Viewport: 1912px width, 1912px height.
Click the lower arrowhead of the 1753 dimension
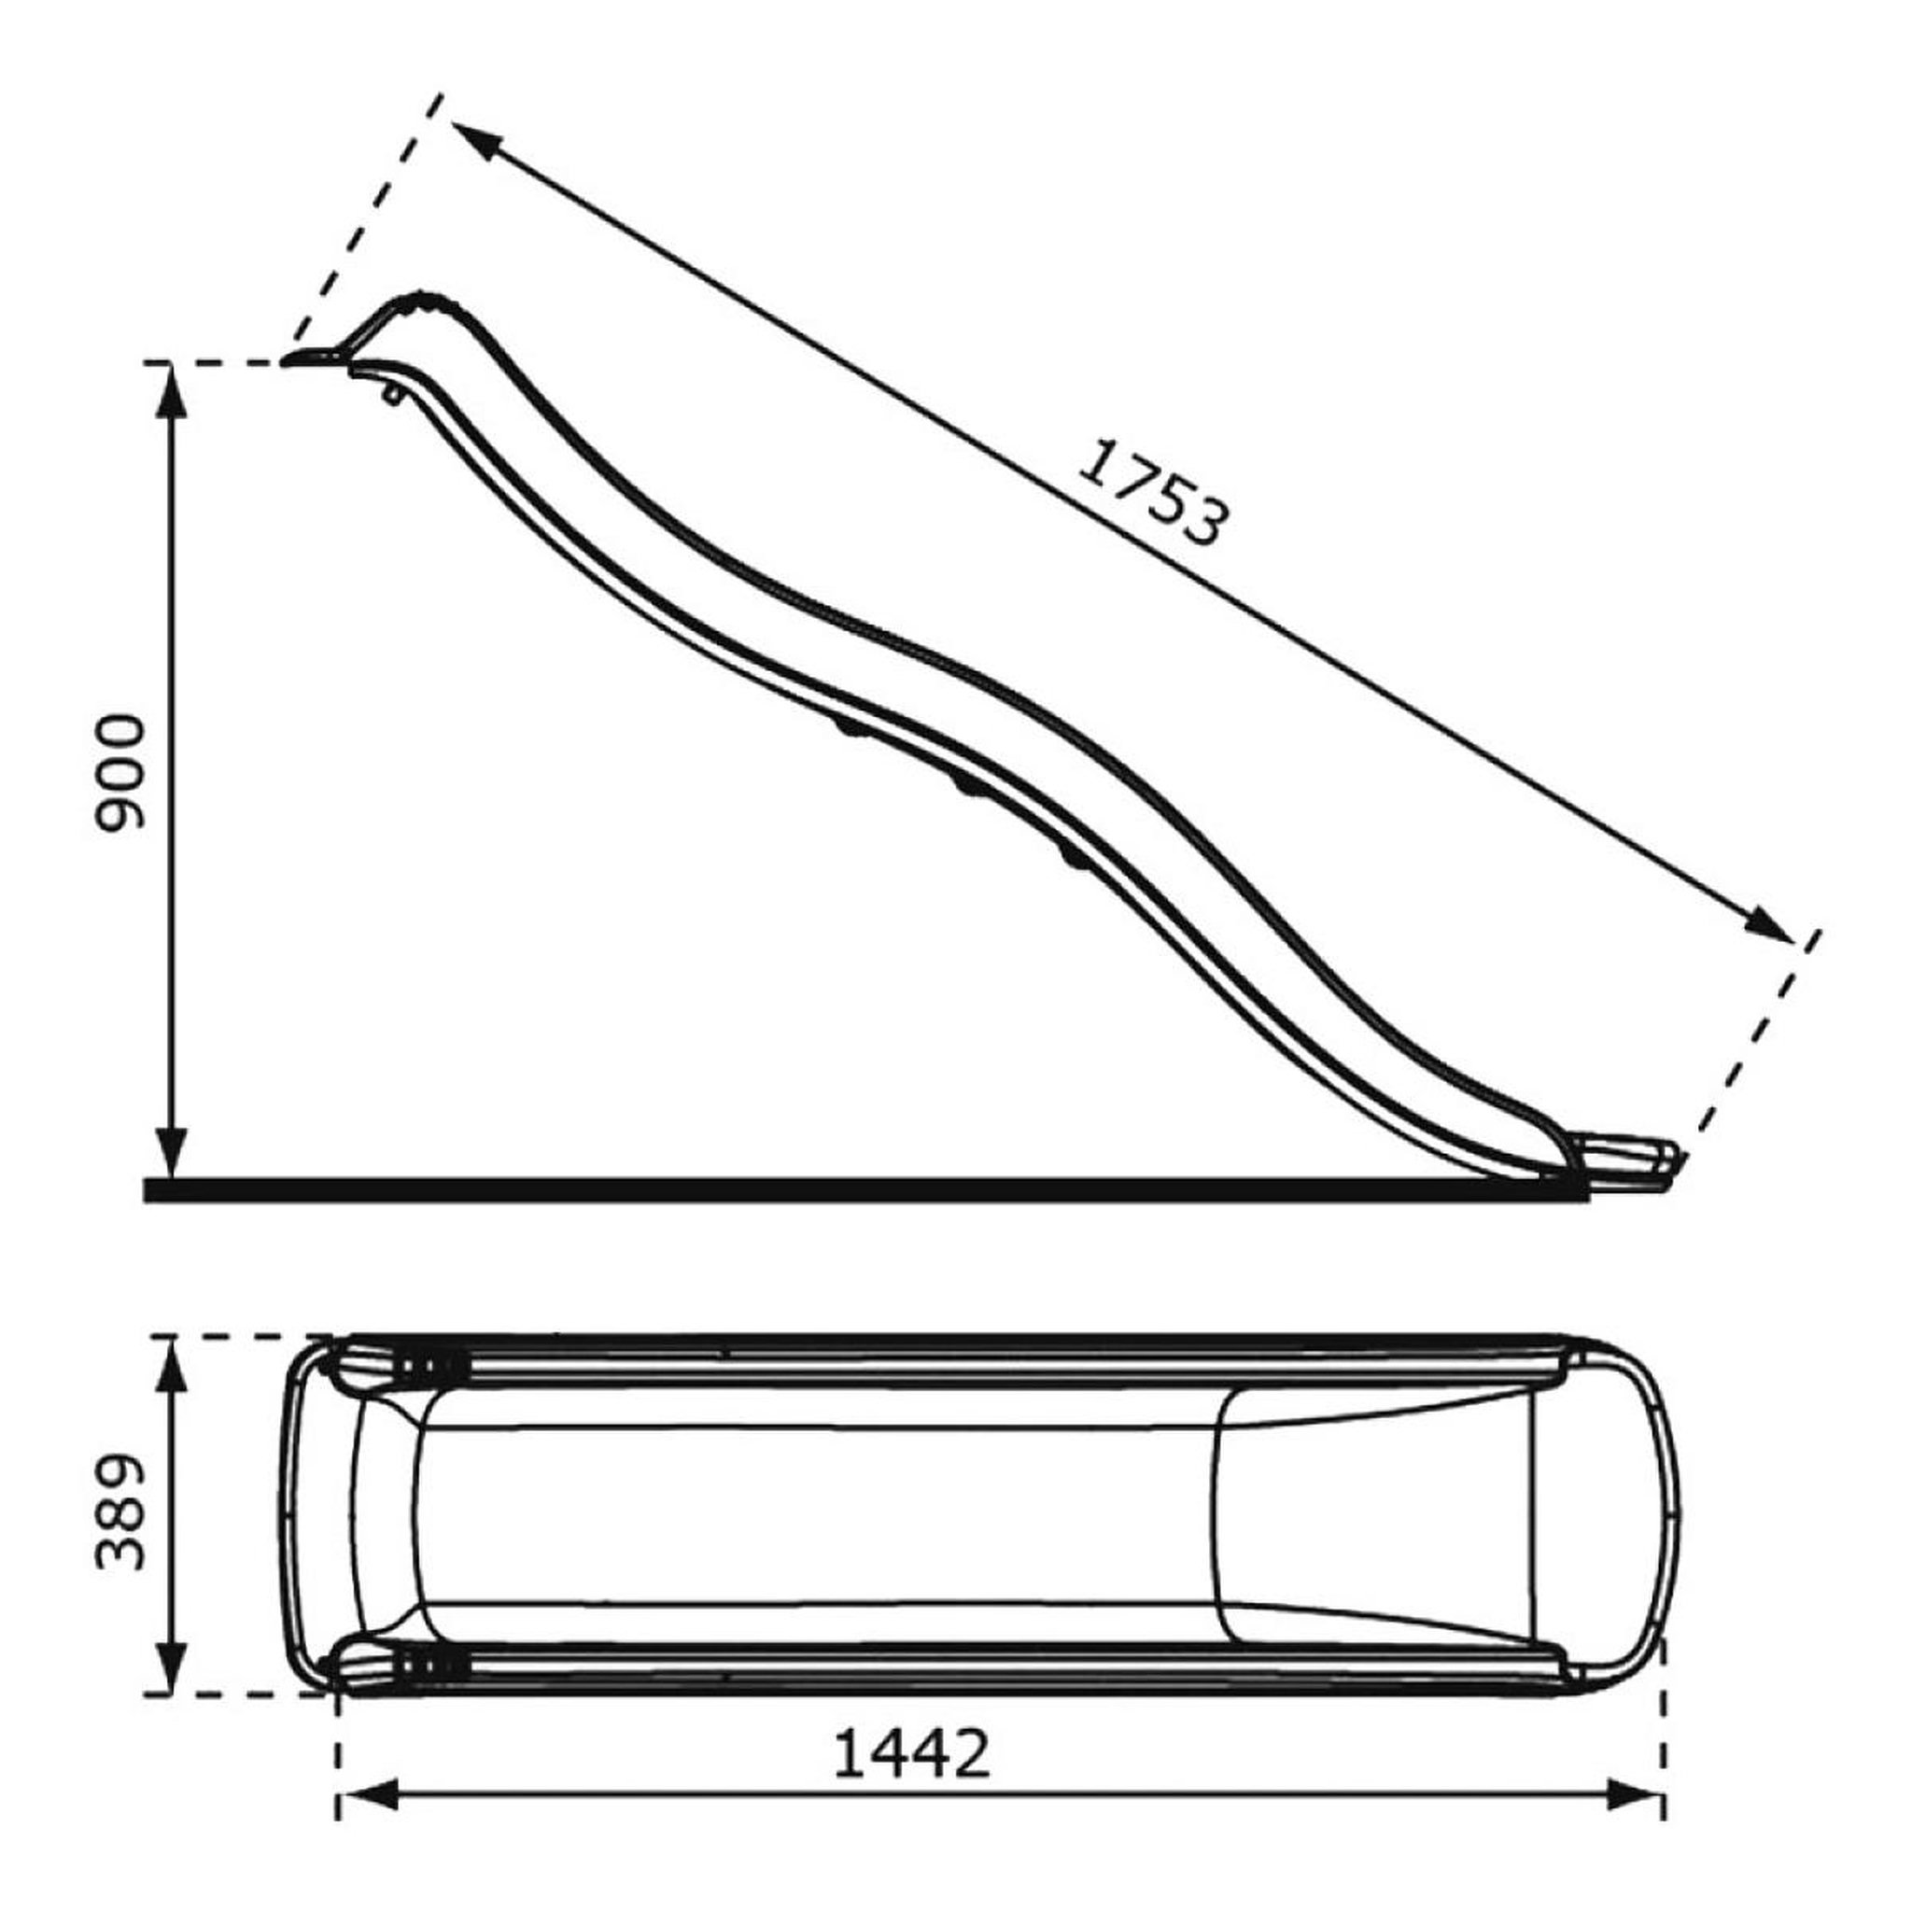pyautogui.click(x=1767, y=924)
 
